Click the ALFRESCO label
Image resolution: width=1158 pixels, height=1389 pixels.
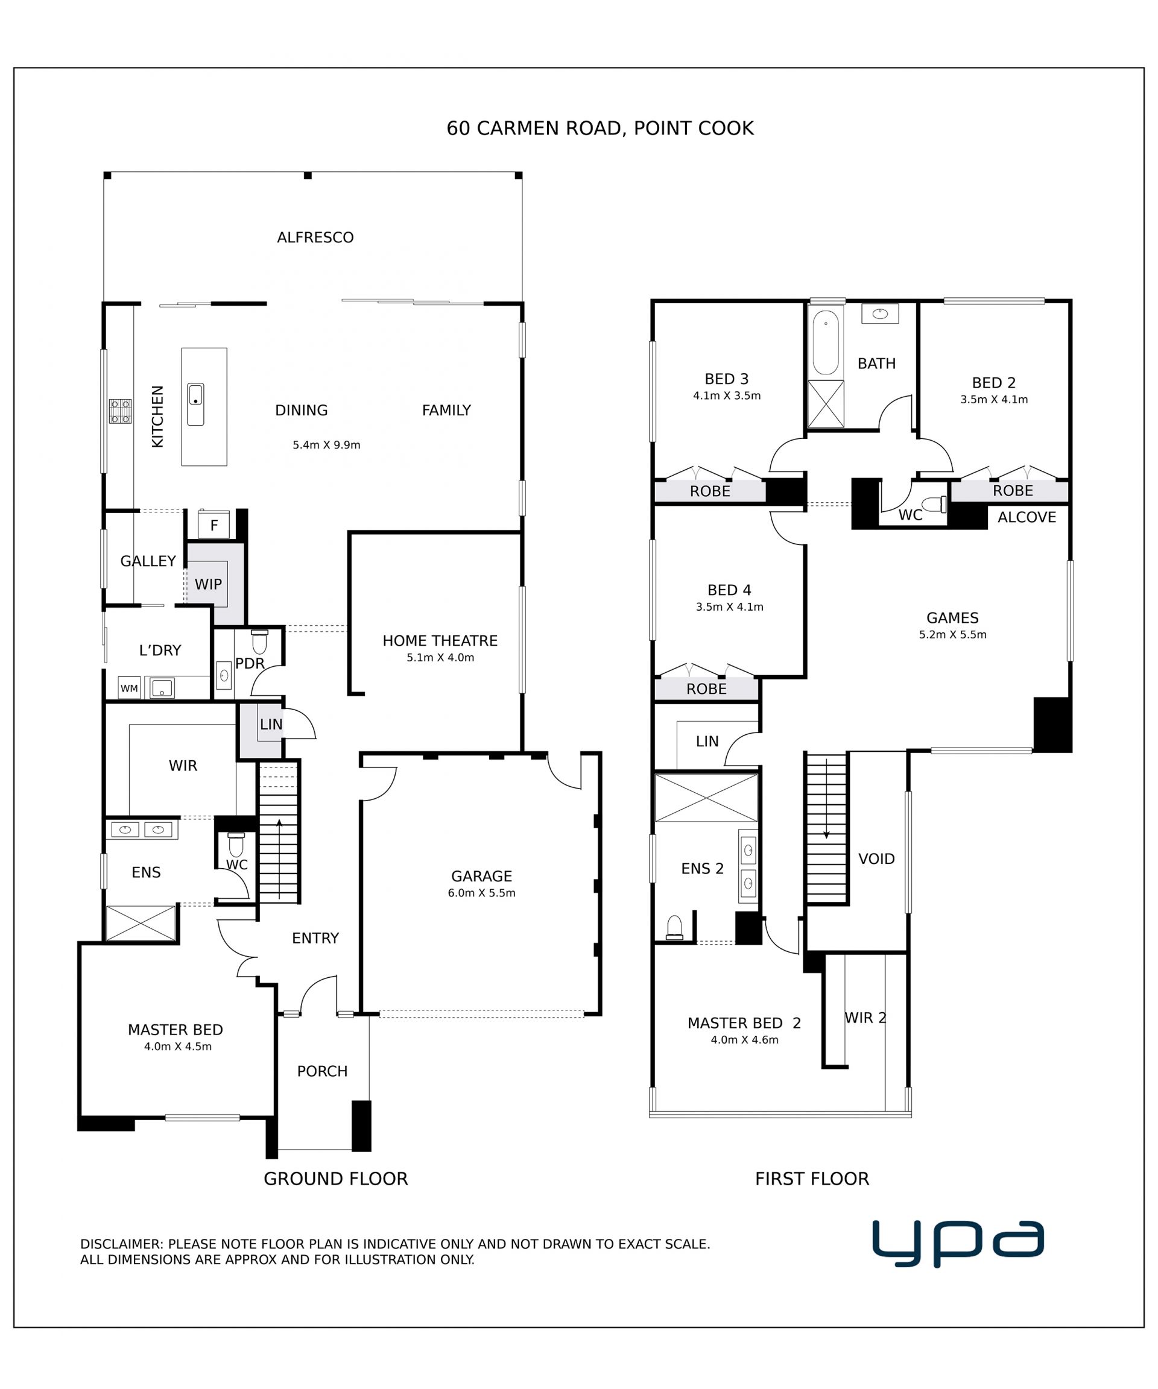(x=315, y=238)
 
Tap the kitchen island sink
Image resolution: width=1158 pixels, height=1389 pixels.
(x=196, y=404)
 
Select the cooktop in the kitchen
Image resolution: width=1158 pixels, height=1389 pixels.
(x=121, y=411)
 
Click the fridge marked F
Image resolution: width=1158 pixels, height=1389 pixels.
(x=214, y=525)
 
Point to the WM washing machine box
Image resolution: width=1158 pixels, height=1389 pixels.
(x=129, y=688)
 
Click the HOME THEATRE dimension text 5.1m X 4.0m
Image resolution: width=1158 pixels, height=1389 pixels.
(x=440, y=658)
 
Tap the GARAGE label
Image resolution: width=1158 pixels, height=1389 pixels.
(x=481, y=876)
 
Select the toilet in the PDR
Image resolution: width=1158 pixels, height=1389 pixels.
(x=259, y=641)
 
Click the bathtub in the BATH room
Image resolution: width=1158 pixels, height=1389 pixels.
(x=826, y=342)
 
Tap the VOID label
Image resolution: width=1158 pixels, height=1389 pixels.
(x=876, y=858)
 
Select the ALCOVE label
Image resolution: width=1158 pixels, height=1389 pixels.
(x=1027, y=517)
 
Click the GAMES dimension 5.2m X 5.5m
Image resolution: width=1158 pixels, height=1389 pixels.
(x=952, y=634)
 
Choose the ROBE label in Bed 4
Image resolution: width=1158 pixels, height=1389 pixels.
(x=706, y=688)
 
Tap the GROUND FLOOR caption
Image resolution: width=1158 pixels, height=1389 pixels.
(x=335, y=1179)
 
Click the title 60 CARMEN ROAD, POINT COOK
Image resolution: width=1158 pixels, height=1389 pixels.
(x=600, y=128)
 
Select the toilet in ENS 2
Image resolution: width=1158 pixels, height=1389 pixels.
(x=674, y=927)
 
